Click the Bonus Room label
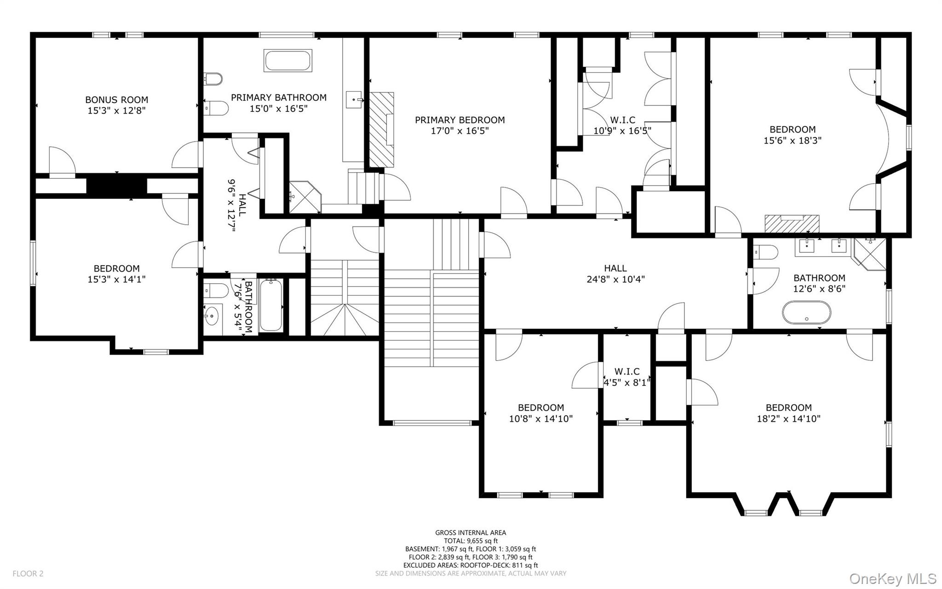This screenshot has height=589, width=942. point(116,99)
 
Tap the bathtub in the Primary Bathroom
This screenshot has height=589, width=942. point(288,61)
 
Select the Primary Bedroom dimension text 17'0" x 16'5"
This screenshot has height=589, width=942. point(460,131)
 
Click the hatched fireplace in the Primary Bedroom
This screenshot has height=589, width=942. point(382,129)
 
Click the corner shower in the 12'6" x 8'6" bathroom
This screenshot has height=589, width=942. point(869,253)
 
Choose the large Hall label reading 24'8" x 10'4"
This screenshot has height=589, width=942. point(615,274)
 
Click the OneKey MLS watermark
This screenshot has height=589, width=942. point(893,578)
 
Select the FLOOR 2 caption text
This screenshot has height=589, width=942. point(28,574)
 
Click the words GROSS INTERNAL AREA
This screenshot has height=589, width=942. point(471,533)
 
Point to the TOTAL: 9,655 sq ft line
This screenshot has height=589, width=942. point(471,541)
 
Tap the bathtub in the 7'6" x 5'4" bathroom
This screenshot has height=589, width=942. point(271,305)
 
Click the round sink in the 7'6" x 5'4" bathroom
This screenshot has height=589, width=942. point(213,316)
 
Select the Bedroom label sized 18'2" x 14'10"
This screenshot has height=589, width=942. point(788,413)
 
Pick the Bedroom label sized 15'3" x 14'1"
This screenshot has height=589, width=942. point(116,274)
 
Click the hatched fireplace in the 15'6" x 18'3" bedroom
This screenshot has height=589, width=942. point(792,224)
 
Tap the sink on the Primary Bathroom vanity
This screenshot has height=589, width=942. point(355,98)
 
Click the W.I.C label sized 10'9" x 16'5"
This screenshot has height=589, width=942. point(622,125)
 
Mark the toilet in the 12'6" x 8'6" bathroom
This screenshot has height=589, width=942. point(765,252)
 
